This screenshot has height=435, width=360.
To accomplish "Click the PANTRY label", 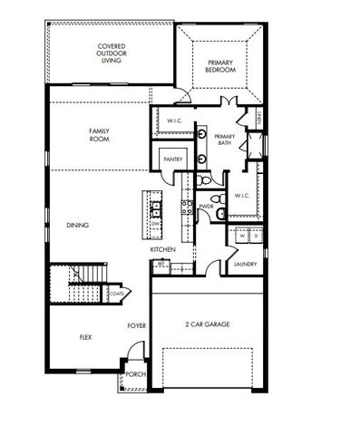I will click(x=173, y=159).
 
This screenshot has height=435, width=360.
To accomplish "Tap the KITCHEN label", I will click(x=162, y=249).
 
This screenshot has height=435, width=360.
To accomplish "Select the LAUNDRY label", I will click(x=245, y=264).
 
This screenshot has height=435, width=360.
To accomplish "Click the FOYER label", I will click(x=136, y=324).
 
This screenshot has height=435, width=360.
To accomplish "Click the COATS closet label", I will click(x=118, y=293).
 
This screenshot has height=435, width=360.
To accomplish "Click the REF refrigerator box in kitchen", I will click(x=161, y=264).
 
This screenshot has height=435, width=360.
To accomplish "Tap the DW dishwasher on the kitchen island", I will click(x=156, y=224).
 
